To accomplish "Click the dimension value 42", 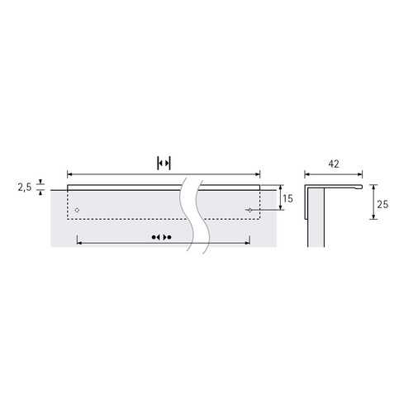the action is [x=334, y=164].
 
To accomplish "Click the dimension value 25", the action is [x=382, y=204].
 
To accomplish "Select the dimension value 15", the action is [x=287, y=198].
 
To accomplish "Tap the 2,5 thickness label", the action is [x=25, y=188].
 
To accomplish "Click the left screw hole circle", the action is [x=77, y=210].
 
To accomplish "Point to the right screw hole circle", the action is [x=249, y=210].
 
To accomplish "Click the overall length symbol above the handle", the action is [x=164, y=164].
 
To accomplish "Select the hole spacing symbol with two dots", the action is [x=162, y=237].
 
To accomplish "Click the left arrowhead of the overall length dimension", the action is [x=69, y=174].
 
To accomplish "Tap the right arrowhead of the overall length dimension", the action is [x=258, y=174].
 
